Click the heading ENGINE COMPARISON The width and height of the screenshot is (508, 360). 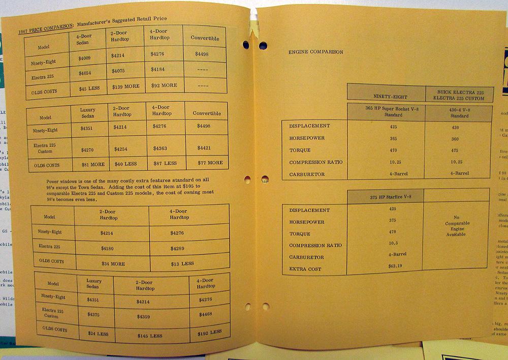(315, 52)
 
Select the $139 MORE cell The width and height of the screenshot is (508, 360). (125, 87)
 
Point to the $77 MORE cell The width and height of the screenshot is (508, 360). (207, 163)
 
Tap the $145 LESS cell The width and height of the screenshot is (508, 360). (149, 336)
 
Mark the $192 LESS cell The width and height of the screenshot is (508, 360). (209, 333)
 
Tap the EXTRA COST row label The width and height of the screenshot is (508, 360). (305, 269)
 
